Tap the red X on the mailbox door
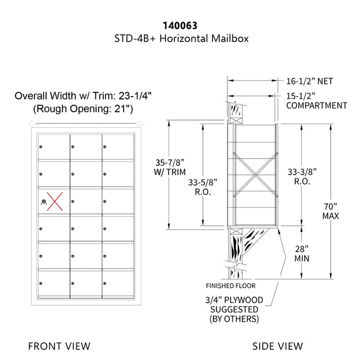point(56,201)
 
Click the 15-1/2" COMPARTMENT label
point(316,100)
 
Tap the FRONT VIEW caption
point(59,346)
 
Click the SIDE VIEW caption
point(278,346)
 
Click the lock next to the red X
point(43,202)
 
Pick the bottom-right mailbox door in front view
point(116,283)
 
